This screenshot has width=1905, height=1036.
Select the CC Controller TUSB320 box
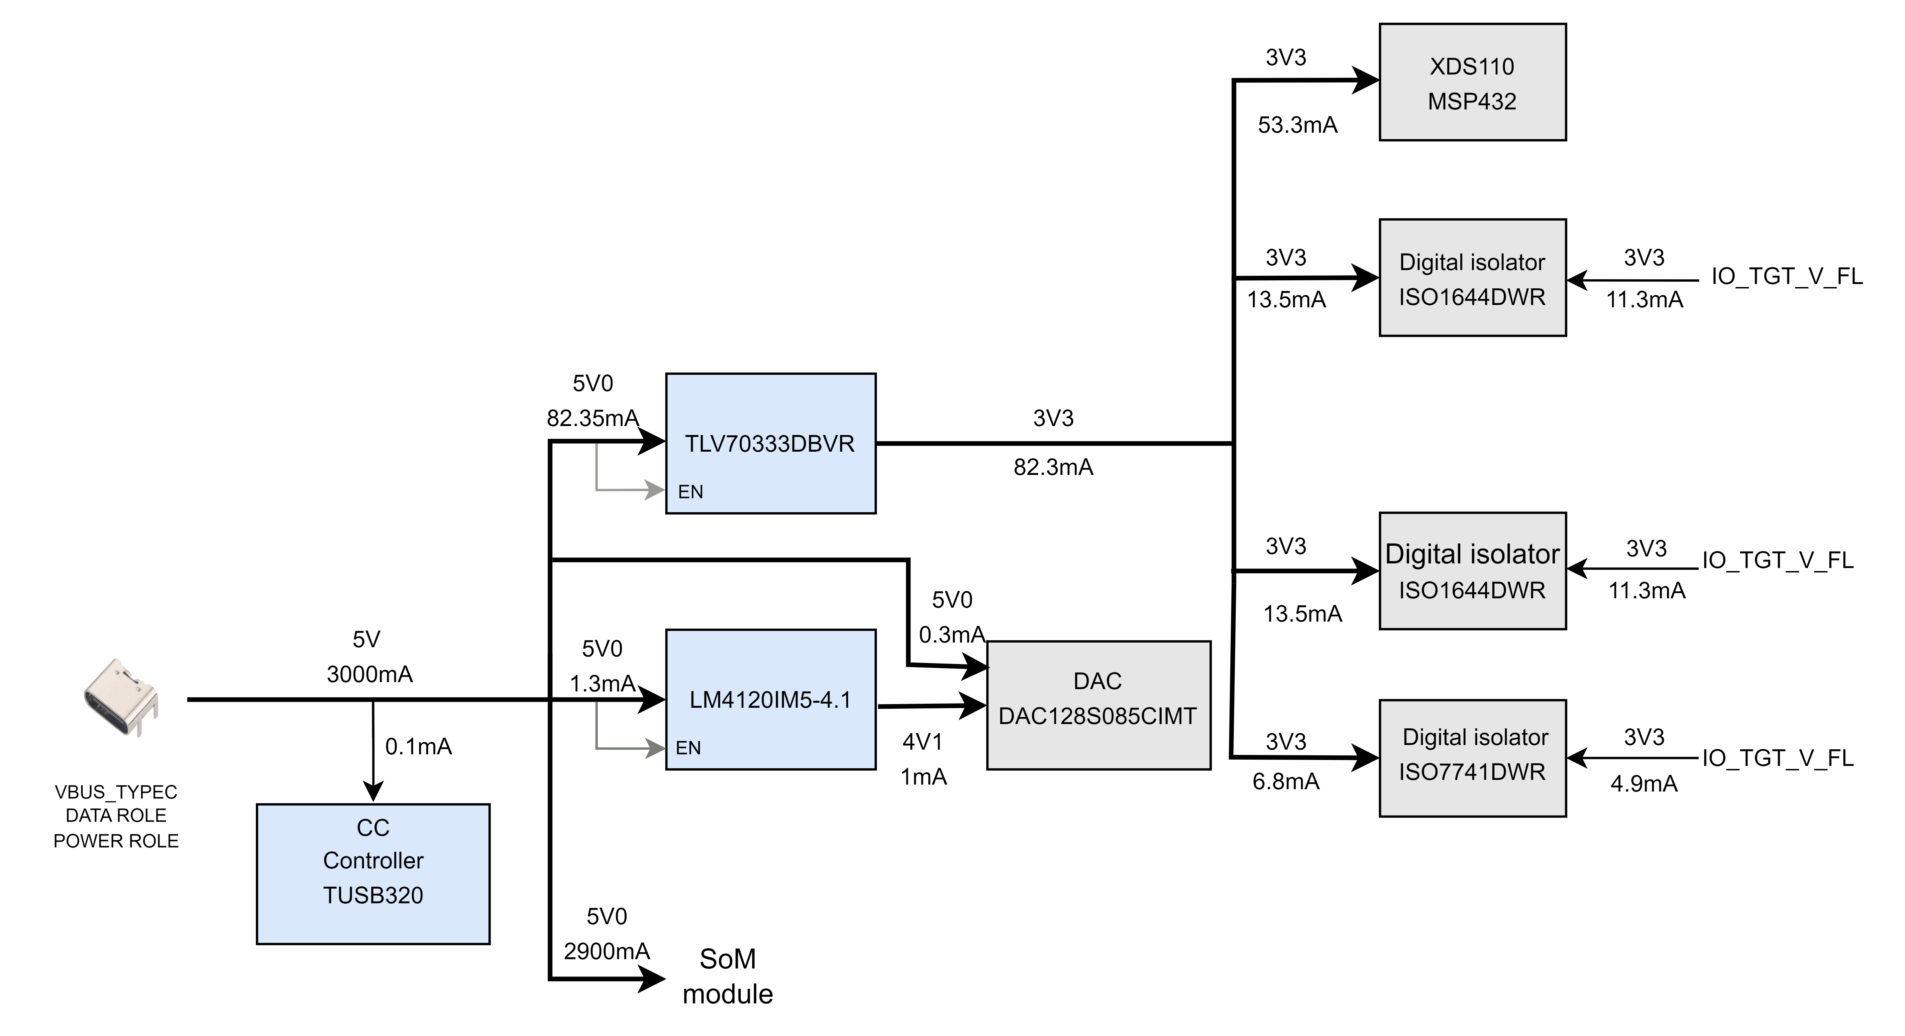373,874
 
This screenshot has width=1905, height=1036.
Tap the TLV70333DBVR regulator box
771,443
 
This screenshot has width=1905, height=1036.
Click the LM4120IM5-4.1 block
771,699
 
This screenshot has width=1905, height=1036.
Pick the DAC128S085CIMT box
1098,705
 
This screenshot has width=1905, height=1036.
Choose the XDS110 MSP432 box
1472,82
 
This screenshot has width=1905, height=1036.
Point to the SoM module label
728,976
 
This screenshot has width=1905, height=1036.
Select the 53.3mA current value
1298,125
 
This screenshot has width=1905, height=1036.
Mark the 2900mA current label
606,951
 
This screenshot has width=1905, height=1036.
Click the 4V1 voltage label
922,741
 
